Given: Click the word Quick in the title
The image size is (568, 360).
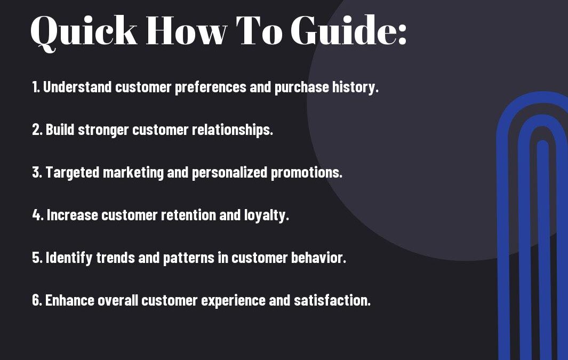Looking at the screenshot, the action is (x=84, y=32).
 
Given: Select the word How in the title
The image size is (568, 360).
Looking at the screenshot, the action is (x=187, y=30).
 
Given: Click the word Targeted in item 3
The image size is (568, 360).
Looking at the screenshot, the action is (x=73, y=172).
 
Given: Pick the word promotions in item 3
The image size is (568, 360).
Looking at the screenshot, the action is (x=307, y=173).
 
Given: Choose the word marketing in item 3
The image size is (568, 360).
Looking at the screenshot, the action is (x=133, y=173).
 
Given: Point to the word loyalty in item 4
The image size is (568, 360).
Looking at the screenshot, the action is (x=266, y=215).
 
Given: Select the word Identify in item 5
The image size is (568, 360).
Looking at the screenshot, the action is (x=69, y=258).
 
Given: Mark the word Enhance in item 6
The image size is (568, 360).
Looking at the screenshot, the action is (x=69, y=300).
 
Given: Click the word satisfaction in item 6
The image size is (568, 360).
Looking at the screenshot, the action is (x=332, y=300).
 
